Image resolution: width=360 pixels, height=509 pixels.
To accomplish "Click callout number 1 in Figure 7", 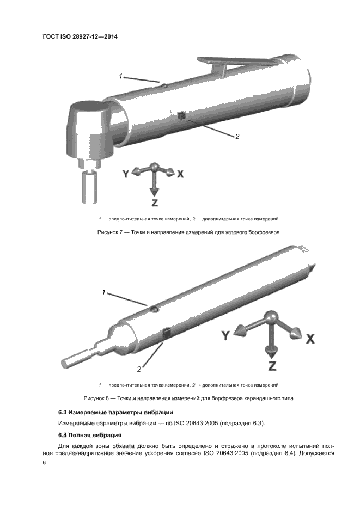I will coord(120,76).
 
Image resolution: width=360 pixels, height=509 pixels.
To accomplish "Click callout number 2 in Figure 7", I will coord(237,137).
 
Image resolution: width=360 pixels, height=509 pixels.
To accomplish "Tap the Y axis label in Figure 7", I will coord(126,174).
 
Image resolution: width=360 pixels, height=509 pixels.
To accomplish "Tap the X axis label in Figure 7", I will coord(180,174).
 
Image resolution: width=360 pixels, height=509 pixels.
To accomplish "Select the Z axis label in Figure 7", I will coord(155,203).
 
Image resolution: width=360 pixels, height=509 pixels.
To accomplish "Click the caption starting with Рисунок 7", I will coord(188,232).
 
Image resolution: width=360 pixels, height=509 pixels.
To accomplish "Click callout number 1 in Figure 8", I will coord(103,292).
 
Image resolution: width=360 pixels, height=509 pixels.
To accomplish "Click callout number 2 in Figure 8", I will coord(139,369).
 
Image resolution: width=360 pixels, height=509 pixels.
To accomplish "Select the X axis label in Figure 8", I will coord(310,338).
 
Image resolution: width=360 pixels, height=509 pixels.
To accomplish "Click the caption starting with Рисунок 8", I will coord(188,398).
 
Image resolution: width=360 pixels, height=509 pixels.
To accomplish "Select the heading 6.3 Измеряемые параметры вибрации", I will coord(115,412).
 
